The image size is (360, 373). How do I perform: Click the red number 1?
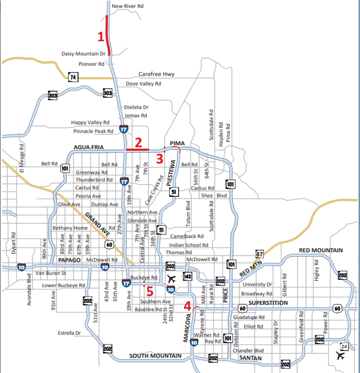coord(101,37)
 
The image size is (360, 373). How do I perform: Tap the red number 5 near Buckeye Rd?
coord(149,291)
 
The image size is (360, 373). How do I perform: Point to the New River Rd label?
coord(128,7)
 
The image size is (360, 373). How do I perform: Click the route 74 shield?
coord(73,77)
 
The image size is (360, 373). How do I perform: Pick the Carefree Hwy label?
coord(157,74)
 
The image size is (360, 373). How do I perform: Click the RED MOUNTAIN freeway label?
coord(321,250)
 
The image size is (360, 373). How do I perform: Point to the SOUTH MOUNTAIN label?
coord(155,356)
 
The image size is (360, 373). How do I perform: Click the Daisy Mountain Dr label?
coord(84,54)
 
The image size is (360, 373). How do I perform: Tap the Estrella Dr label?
coord(70,333)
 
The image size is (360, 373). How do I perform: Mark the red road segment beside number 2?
coord(137,150)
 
